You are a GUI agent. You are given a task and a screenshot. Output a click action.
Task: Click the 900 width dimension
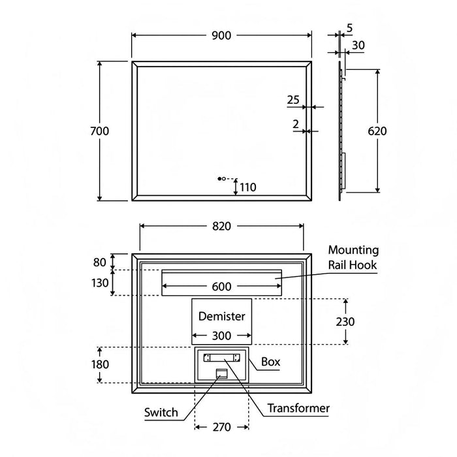222,36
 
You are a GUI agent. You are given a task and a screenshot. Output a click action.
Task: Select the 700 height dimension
99,131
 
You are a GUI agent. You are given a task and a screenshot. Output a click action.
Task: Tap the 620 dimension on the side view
377,131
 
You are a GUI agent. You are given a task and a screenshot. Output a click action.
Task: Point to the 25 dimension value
293,100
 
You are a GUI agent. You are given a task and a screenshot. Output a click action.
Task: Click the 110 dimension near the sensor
247,187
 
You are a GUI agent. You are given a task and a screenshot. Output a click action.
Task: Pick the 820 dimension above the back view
222,226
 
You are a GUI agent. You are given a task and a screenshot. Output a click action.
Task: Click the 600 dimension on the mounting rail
222,286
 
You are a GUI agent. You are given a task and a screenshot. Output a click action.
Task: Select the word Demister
222,317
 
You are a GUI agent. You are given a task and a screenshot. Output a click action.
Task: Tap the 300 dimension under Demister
222,336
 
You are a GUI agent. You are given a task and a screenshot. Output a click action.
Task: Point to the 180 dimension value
100,364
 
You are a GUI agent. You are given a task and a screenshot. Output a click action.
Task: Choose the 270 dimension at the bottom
222,428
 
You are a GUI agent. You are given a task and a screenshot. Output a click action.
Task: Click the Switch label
161,412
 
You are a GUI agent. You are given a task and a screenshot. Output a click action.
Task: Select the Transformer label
298,409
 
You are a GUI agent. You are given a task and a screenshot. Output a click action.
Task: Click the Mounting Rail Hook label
353,257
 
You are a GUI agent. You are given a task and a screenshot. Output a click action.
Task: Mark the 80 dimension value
99,262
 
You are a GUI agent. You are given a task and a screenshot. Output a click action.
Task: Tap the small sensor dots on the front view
220,178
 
